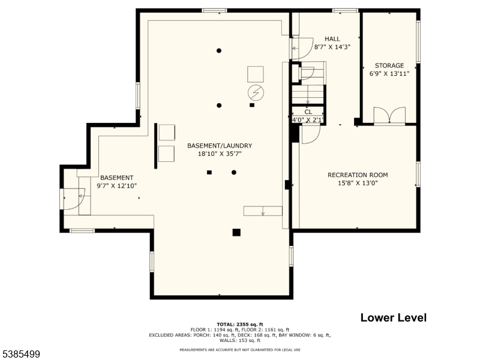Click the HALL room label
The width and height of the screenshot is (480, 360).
332,39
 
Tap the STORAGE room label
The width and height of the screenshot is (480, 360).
389,65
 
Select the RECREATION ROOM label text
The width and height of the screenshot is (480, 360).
358,175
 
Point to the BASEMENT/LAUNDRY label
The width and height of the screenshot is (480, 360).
220,146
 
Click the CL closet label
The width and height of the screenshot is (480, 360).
308,112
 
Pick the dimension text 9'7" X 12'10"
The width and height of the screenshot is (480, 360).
116,186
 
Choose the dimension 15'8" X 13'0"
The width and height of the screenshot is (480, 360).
358,183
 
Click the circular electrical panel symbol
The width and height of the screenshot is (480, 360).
256,92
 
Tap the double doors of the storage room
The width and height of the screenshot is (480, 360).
389,116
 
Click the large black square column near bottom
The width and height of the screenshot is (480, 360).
236,233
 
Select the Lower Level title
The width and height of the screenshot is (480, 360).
394,317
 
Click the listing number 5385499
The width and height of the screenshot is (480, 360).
20,354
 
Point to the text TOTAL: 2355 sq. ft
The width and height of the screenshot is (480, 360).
240,325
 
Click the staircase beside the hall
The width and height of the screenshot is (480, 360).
308,83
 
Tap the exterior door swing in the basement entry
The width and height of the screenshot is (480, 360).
72,199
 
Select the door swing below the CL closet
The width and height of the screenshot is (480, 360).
311,134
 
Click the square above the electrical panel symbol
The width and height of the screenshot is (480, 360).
256,74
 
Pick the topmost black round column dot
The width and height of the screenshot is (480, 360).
219,51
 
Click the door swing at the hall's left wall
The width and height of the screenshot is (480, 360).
302,49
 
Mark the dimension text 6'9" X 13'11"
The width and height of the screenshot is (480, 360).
389,73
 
